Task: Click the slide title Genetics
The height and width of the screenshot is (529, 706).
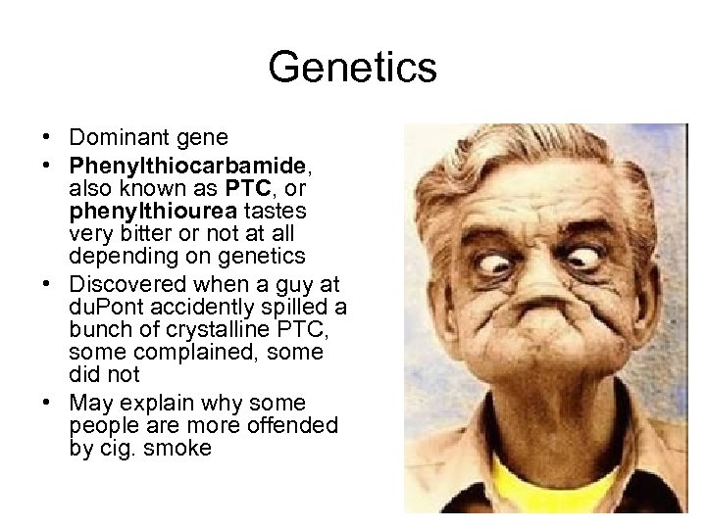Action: tap(352, 68)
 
